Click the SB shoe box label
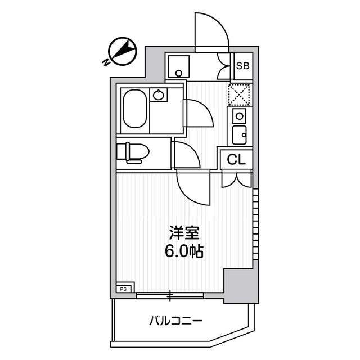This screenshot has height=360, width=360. (x=242, y=65)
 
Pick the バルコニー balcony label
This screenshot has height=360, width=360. (x=175, y=322)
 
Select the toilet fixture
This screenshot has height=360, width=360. (x=133, y=152)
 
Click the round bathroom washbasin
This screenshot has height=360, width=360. (x=159, y=95)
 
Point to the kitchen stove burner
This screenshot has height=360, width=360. (x=238, y=116)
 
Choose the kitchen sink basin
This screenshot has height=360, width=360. (x=238, y=135)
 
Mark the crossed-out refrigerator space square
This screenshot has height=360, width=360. (x=239, y=94)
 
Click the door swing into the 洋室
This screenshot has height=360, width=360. (x=193, y=188)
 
